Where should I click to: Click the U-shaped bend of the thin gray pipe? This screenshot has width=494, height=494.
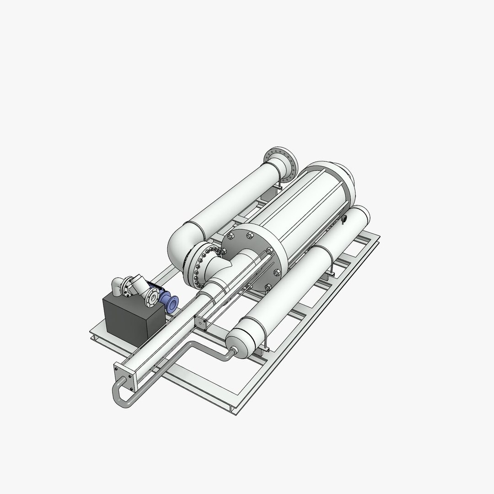[x=120, y=396]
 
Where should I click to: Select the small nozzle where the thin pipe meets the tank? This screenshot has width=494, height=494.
[x=232, y=351]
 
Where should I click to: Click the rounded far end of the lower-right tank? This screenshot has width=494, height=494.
[x=361, y=215]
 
